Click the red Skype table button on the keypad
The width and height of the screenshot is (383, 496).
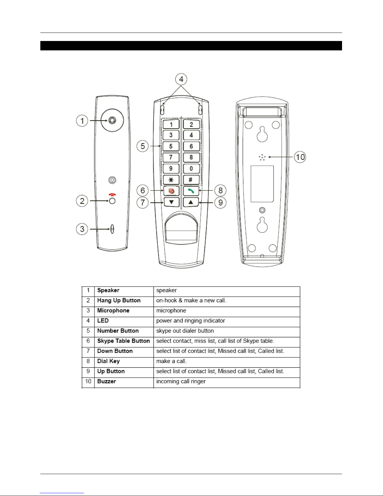point(171,191)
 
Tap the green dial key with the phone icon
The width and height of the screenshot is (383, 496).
point(191,191)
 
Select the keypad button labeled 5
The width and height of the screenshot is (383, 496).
point(171,146)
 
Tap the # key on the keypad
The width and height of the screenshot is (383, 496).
point(191,180)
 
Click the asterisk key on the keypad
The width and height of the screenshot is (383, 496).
point(171,180)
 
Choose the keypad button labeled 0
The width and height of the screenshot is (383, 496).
point(191,169)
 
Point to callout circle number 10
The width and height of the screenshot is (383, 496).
point(300,157)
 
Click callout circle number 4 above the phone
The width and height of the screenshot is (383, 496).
point(181,79)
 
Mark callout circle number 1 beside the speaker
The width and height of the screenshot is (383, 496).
point(82,120)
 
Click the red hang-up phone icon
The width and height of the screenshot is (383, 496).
point(112,195)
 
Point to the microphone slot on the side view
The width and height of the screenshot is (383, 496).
point(112,229)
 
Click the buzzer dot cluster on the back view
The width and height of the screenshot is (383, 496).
point(262,157)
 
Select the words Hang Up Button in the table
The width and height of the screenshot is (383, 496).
point(119,300)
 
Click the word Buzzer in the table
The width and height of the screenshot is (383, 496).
point(107,381)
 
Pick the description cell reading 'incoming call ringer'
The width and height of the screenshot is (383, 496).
point(181,381)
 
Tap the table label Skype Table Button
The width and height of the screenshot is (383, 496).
point(123,341)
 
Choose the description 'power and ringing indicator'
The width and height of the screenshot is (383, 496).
point(191,321)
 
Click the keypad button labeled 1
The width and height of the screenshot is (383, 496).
point(171,125)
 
